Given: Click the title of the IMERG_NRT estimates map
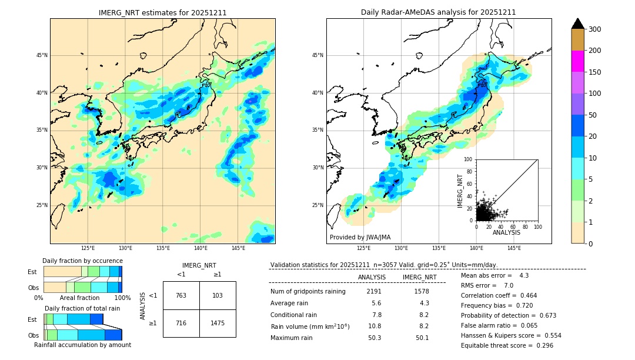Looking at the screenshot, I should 162,12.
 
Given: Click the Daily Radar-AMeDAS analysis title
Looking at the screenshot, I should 439,12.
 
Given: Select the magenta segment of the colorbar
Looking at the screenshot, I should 578,61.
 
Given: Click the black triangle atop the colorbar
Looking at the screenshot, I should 578,24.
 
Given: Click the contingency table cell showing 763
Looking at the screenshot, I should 181,295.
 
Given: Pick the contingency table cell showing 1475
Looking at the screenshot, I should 218,324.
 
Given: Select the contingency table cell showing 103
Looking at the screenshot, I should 218,295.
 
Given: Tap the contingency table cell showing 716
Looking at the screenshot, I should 181,324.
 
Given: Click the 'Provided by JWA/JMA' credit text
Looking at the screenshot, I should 360,238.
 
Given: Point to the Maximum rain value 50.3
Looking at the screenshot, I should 372,338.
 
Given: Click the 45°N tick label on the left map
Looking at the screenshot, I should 42,55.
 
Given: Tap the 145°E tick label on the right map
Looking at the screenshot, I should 514,248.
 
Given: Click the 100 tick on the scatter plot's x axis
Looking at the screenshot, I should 537,226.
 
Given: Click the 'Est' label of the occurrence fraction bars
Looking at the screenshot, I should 32,272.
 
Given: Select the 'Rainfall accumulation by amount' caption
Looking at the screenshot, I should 82,345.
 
